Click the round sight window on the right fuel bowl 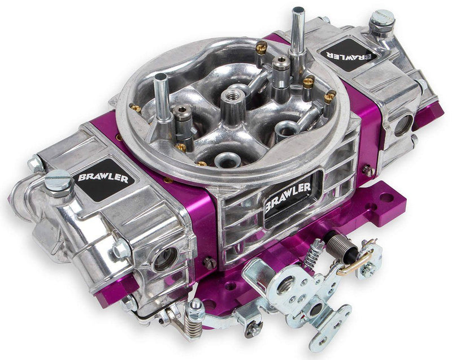(x=404, y=124)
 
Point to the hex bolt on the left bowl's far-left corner (x=35, y=164)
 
